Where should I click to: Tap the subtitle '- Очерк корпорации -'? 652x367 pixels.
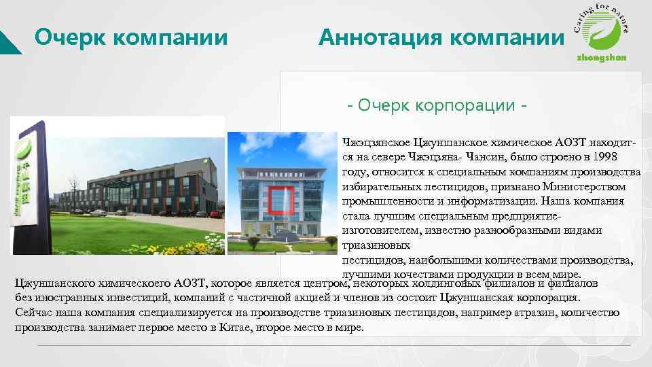(437, 107)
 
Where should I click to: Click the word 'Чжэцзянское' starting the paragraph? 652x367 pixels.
(376, 141)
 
